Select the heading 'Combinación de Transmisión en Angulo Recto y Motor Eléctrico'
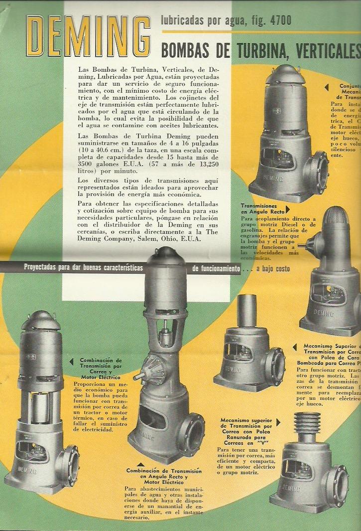pyautogui.click(x=164, y=477)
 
